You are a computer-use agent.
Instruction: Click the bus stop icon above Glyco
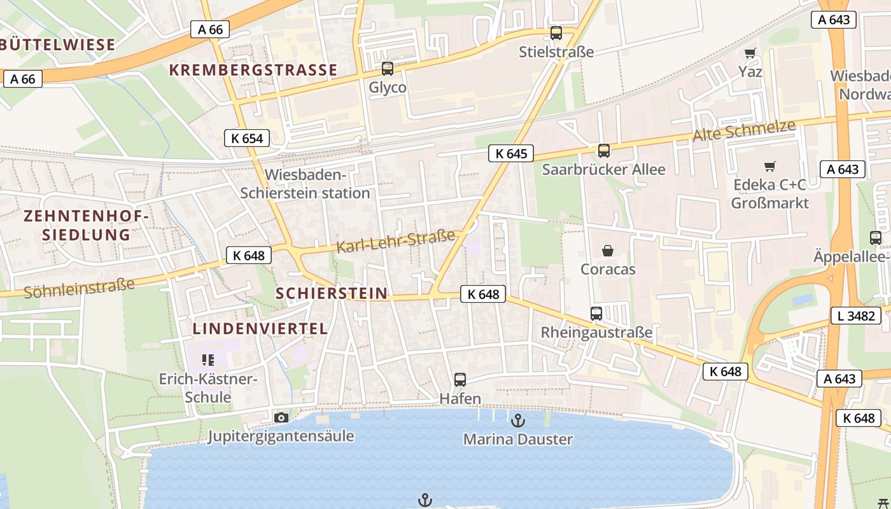388,69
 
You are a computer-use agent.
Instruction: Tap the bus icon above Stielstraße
556,33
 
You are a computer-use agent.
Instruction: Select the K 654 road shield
247,138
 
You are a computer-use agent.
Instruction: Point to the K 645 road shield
511,153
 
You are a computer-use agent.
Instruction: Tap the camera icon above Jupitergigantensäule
281,417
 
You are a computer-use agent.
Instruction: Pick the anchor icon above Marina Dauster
518,420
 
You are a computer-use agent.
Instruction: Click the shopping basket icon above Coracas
608,251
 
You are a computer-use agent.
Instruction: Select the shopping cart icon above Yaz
750,53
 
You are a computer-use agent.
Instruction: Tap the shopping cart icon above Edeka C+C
770,167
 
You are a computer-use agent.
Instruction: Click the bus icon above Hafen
460,380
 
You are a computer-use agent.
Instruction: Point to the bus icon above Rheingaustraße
596,314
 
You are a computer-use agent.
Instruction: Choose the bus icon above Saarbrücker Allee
603,151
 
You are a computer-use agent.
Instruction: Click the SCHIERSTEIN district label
332,293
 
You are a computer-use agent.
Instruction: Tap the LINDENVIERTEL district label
260,329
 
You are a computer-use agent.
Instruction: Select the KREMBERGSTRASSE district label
253,70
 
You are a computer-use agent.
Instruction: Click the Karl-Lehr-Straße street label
395,241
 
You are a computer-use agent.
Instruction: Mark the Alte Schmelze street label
744,130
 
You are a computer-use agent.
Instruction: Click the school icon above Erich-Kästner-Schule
207,360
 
